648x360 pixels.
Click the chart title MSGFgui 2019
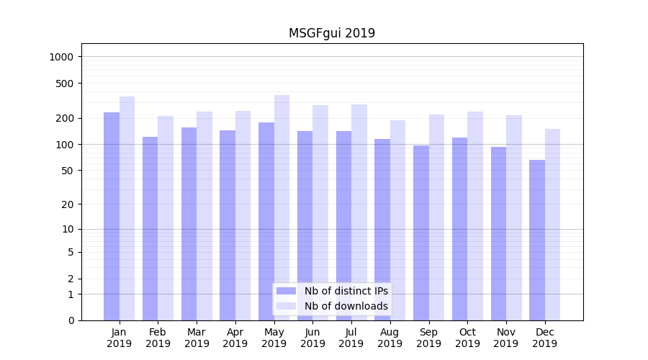(x=331, y=33)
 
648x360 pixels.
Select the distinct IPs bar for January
(x=112, y=216)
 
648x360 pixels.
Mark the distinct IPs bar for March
(x=189, y=224)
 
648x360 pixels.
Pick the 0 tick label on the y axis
(x=71, y=320)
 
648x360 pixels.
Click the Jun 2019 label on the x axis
(x=312, y=338)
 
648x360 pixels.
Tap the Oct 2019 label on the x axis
(x=467, y=338)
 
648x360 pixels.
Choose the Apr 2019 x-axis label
(x=235, y=338)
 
